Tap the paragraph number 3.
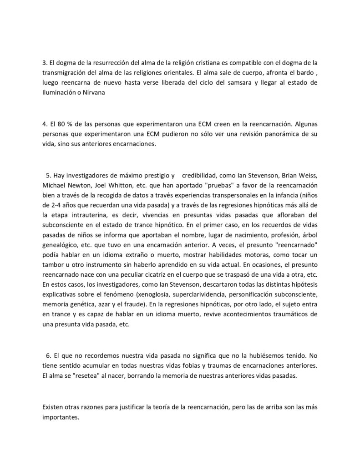44,61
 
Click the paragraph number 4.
44,124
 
